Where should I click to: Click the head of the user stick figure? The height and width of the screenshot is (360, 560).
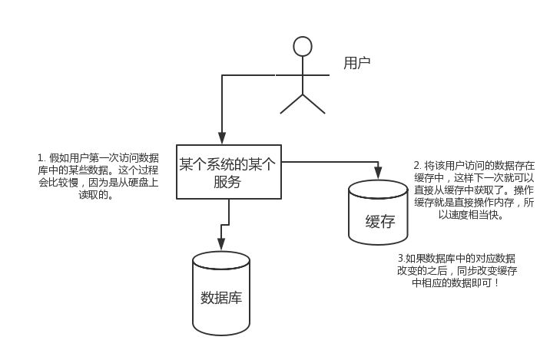tap(303, 47)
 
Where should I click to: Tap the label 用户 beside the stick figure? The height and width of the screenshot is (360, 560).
tap(356, 62)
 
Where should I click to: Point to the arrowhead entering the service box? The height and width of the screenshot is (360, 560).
tap(222, 139)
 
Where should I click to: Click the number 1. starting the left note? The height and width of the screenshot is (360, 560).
tap(41, 157)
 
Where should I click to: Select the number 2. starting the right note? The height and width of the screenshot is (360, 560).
tap(417, 165)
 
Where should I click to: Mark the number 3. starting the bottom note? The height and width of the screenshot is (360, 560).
tap(401, 257)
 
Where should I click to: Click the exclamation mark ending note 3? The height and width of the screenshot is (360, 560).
tap(496, 283)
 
